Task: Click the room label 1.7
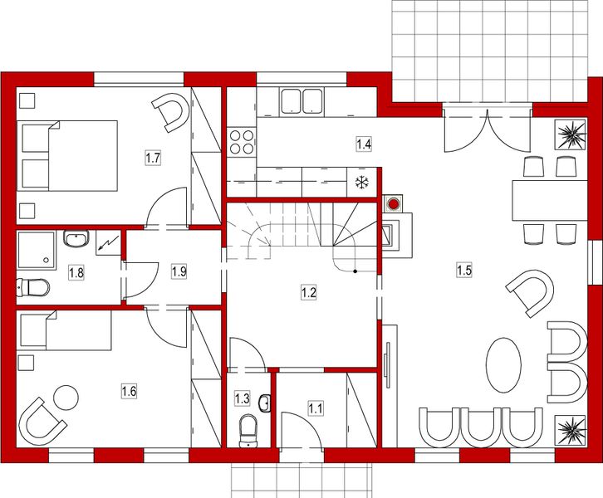coord(152,157)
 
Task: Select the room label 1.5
coord(463,268)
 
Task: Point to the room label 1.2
coord(308,291)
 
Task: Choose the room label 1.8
coord(76,271)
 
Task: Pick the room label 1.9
coord(179,271)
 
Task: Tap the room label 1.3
coord(243,398)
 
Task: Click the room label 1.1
coord(316,408)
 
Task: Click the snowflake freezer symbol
coord(361,183)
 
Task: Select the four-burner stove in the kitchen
coord(241,142)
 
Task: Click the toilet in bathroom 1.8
coord(32,288)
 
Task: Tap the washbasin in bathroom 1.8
coord(76,240)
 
